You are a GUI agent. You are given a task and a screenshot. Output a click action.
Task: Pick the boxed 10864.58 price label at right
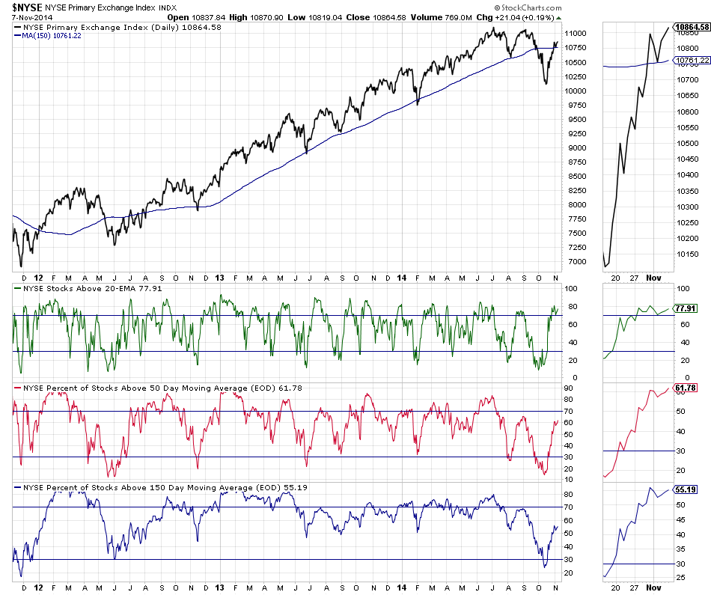point(692,27)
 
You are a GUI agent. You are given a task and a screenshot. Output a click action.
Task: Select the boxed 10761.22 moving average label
point(692,60)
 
